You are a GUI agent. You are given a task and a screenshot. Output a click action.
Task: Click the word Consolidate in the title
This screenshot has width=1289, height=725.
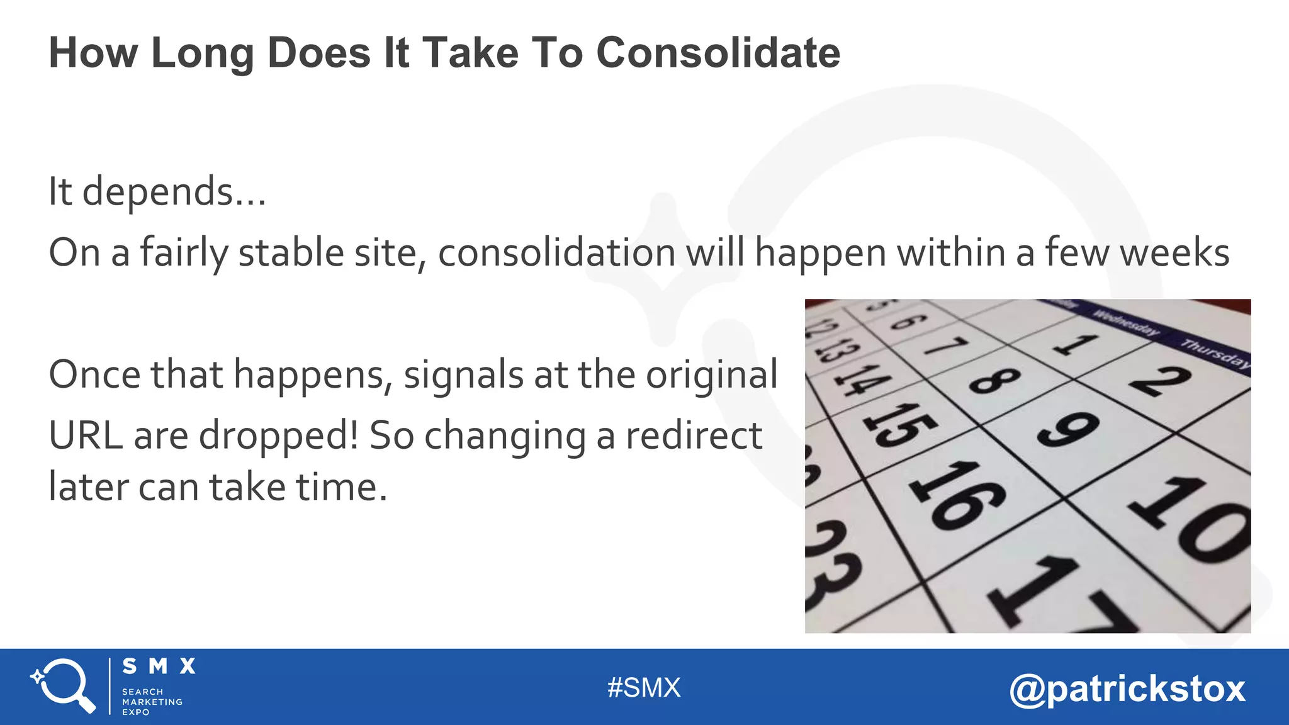pyautogui.click(x=718, y=52)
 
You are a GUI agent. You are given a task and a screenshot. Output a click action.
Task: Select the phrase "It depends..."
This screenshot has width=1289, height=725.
pyautogui.click(x=157, y=191)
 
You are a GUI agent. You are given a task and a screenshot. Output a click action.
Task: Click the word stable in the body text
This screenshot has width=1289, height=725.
pyautogui.click(x=291, y=253)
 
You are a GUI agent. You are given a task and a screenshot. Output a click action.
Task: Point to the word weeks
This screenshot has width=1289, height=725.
pyautogui.click(x=1175, y=253)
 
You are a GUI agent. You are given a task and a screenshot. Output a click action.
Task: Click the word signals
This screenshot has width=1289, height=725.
pyautogui.click(x=463, y=375)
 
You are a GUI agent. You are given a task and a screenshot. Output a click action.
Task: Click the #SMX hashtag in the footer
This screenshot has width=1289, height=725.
pyautogui.click(x=644, y=688)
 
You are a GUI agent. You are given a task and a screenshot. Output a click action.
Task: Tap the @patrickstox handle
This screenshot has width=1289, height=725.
pyautogui.click(x=1127, y=688)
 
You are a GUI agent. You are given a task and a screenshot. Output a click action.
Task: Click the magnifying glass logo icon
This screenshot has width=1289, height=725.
pyautogui.click(x=63, y=685)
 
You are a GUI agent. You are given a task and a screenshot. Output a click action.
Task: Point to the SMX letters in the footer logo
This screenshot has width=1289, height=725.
pyautogui.click(x=159, y=666)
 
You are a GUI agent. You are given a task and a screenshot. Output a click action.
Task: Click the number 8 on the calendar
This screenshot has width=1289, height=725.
pyautogui.click(x=994, y=381)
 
